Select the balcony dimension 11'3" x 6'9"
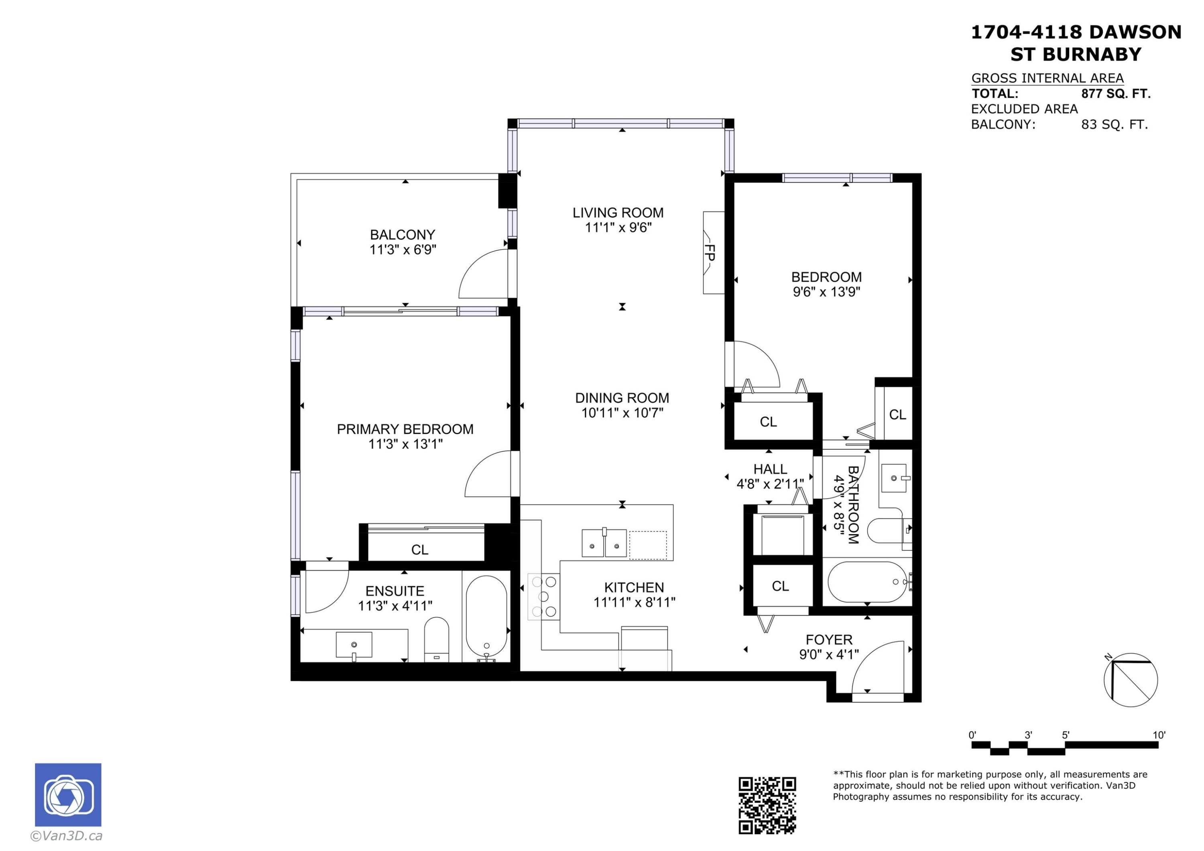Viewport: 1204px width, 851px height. click(x=403, y=250)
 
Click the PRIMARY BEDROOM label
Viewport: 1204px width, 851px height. click(x=405, y=429)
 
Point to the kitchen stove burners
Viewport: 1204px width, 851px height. click(x=544, y=597)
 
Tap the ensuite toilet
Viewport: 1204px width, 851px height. click(x=436, y=640)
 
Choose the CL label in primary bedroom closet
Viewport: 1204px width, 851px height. click(x=419, y=550)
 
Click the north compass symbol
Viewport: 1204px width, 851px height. click(x=1131, y=680)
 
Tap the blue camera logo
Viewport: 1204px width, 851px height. click(x=68, y=795)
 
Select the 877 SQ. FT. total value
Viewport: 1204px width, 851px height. click(x=1116, y=94)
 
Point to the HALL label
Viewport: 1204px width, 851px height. click(x=770, y=469)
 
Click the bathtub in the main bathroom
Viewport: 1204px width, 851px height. click(x=867, y=582)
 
